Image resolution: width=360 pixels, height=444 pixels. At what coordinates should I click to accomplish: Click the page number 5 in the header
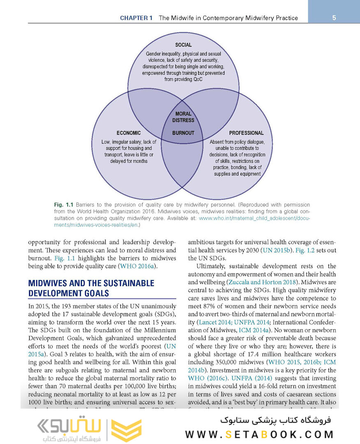pyautogui.click(x=334, y=18)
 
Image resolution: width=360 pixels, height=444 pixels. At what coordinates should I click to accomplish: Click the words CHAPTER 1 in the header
pyautogui.click(x=136, y=18)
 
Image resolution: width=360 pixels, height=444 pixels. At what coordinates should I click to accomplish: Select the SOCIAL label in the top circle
pyautogui.click(x=183, y=45)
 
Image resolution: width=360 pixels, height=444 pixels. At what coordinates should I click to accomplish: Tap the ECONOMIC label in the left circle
pyautogui.click(x=129, y=133)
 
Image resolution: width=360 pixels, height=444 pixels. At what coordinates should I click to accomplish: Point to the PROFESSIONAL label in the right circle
pyautogui.click(x=246, y=133)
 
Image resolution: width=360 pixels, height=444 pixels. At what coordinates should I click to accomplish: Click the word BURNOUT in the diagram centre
pyautogui.click(x=183, y=133)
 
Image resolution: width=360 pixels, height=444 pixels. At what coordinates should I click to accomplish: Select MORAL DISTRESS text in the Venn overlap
pyautogui.click(x=183, y=117)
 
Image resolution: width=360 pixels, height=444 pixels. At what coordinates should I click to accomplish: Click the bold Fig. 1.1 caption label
pyautogui.click(x=63, y=205)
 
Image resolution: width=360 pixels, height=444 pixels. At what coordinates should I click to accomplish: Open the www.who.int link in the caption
pyautogui.click(x=254, y=219)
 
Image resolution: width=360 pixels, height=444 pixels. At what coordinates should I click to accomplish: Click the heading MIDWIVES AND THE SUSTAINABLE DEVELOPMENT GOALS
pyautogui.click(x=91, y=288)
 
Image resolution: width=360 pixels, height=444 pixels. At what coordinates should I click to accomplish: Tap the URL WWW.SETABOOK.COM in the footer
pyautogui.click(x=259, y=434)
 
